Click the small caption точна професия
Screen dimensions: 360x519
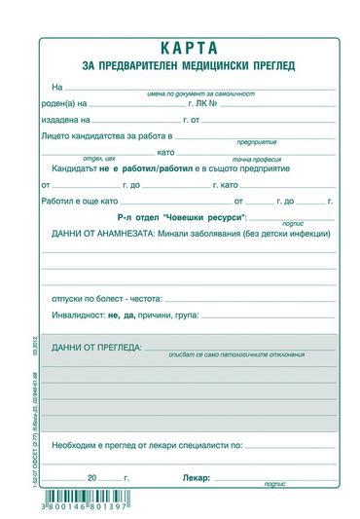point(256,162)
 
